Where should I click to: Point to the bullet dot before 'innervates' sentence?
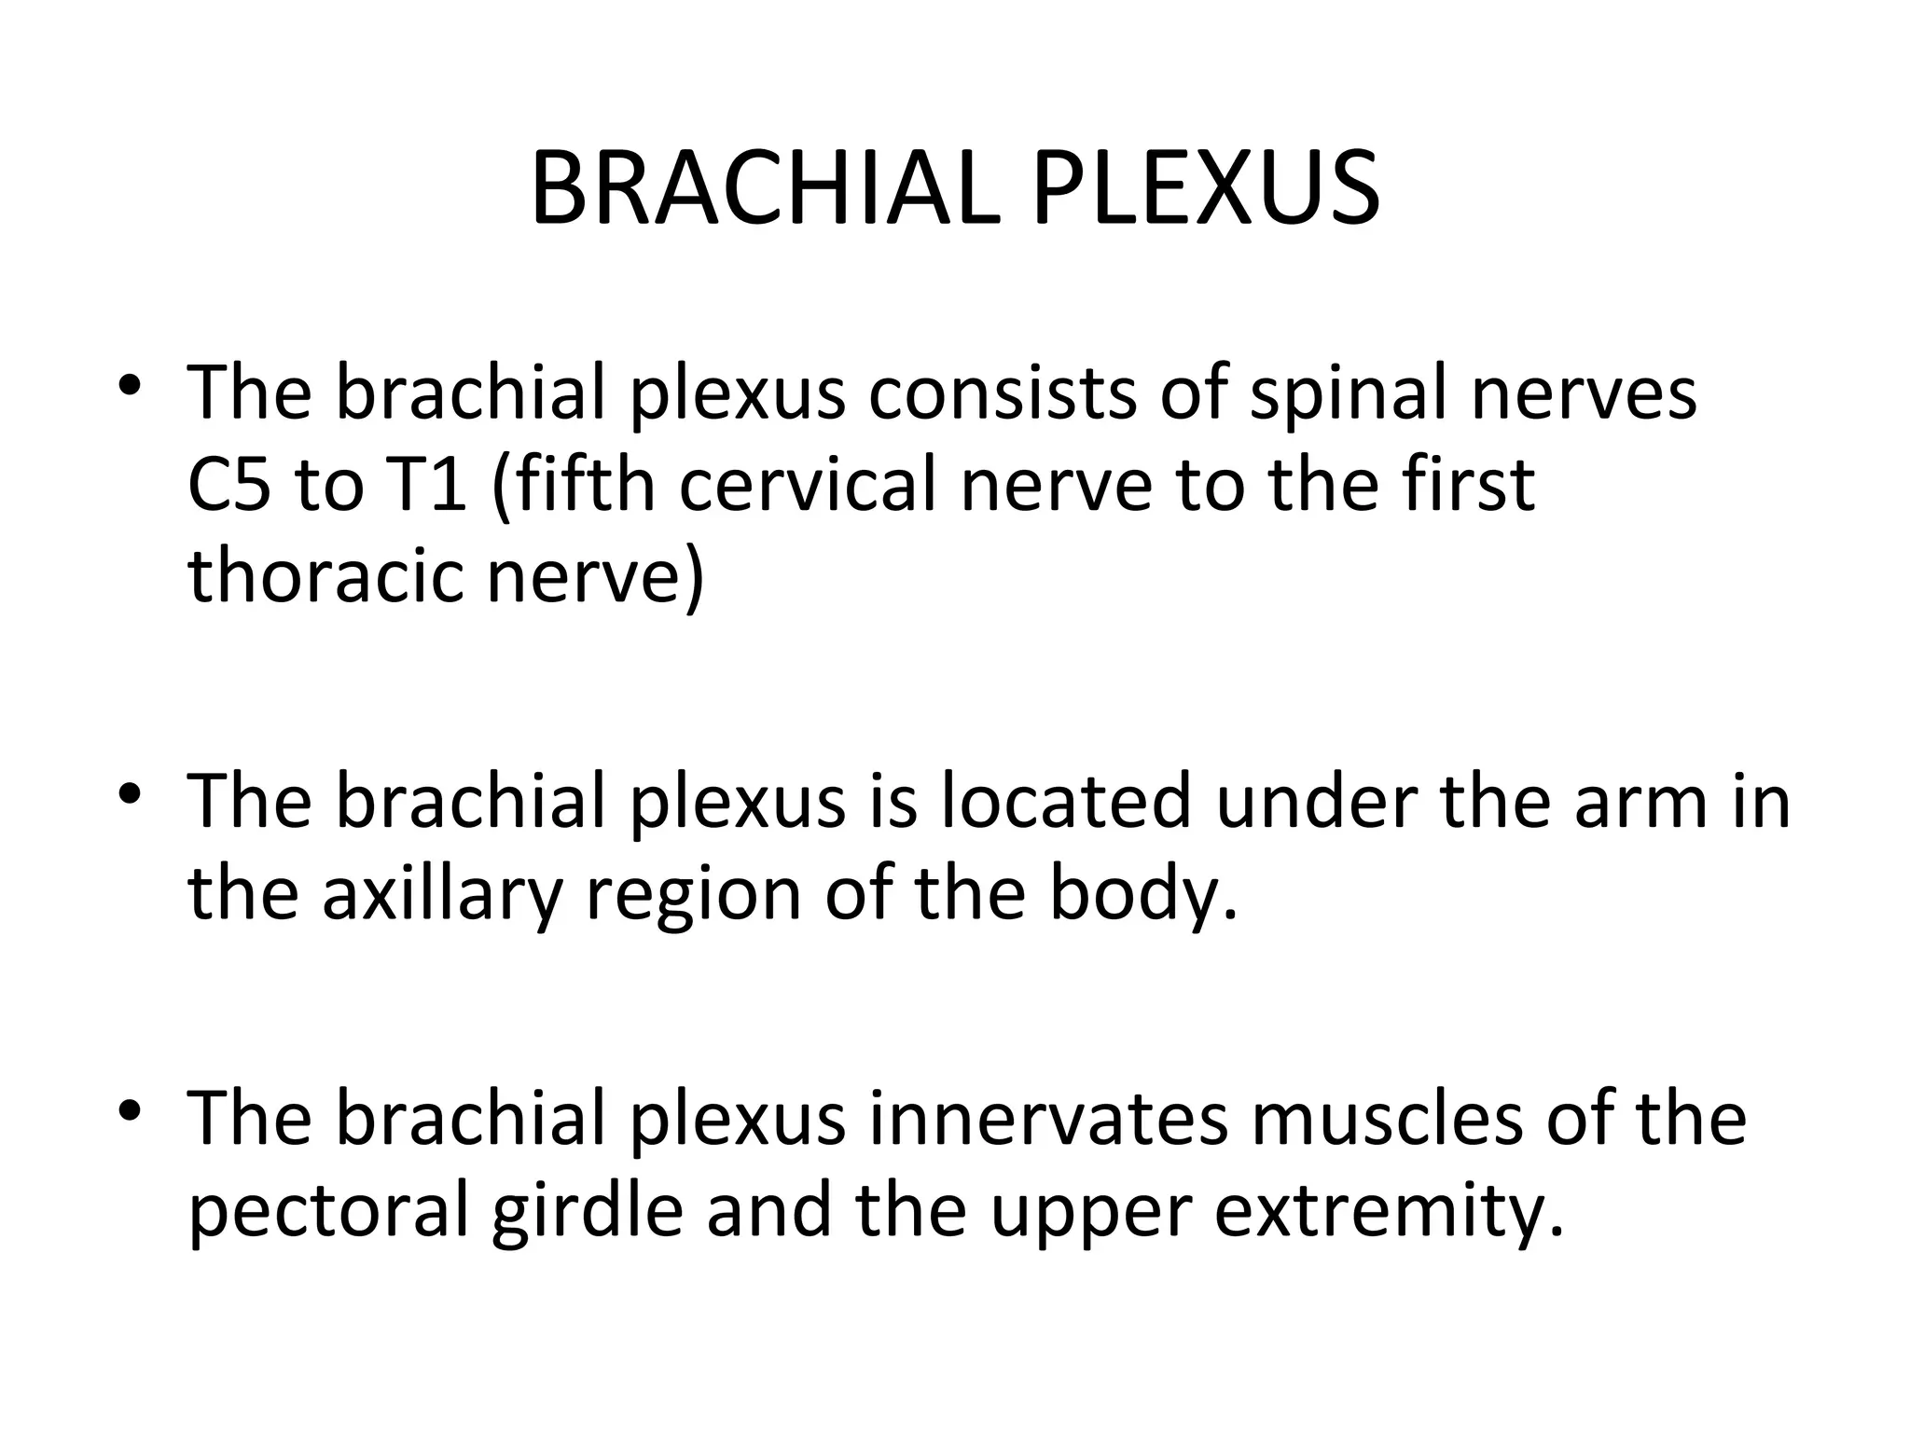click(x=130, y=1110)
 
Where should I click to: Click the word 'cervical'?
click(x=807, y=486)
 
